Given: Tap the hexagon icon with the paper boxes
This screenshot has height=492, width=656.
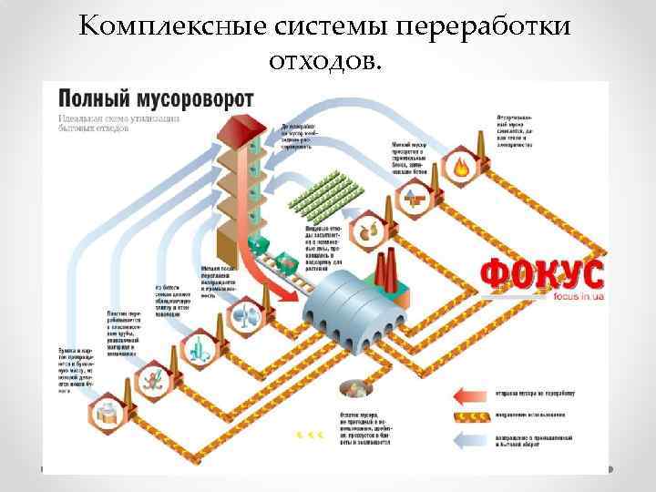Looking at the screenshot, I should point(107,409).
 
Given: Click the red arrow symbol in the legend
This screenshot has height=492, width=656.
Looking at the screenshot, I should point(476,395).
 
